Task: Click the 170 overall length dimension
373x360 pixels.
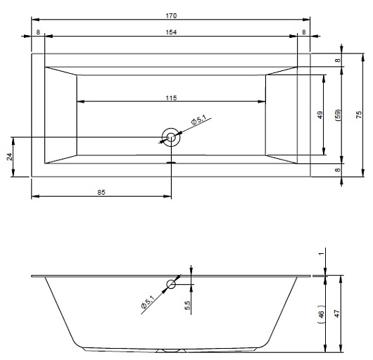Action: pyautogui.click(x=171, y=15)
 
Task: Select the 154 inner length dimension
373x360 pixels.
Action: pyautogui.click(x=171, y=32)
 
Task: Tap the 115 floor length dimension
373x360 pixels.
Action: pyautogui.click(x=171, y=98)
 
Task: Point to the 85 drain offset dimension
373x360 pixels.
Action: pyautogui.click(x=101, y=192)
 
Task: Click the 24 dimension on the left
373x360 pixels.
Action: pyautogui.click(x=9, y=157)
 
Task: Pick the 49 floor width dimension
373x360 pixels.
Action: pyautogui.click(x=320, y=115)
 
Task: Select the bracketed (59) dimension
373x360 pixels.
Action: pyautogui.click(x=339, y=115)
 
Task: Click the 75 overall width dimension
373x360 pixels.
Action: pyautogui.click(x=359, y=115)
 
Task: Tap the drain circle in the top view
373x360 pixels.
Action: pyautogui.click(x=171, y=137)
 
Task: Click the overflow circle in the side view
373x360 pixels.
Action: pyautogui.click(x=171, y=284)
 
